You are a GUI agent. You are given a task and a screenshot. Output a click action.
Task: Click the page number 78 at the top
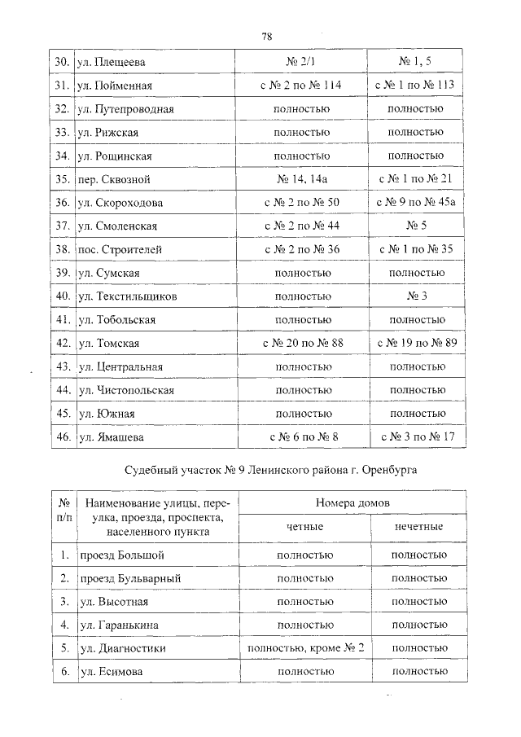point(266,36)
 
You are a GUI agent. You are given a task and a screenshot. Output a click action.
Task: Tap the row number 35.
point(60,178)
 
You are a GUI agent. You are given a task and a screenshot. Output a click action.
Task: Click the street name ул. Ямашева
point(112,437)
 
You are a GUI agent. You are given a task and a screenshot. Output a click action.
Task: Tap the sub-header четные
point(304,527)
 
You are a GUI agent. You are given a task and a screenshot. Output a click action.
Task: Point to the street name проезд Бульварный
point(129,578)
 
